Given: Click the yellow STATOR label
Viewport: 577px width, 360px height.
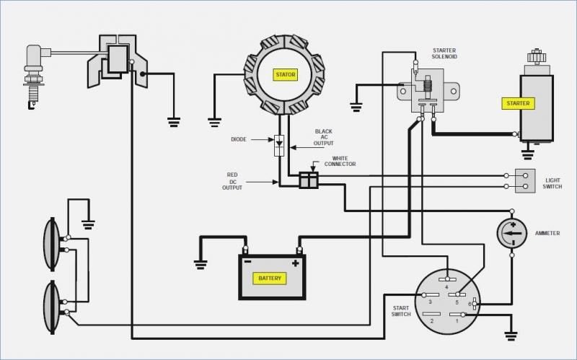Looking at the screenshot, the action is (x=286, y=75).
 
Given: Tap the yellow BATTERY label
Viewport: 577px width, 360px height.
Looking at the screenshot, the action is (x=270, y=278).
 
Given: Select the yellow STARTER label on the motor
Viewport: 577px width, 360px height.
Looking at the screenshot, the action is (x=518, y=103).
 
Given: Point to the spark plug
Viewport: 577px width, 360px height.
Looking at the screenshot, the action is (x=35, y=76).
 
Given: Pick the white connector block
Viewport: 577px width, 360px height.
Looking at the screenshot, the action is (x=309, y=180).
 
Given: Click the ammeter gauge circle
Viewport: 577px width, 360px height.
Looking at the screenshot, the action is (x=512, y=233).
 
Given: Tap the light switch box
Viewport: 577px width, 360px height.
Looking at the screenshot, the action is (x=525, y=181).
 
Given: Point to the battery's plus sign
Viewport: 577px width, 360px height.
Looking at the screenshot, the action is (x=295, y=263).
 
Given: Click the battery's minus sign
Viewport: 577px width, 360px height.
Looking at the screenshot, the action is (x=247, y=262).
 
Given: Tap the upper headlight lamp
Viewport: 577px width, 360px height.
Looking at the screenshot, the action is (x=52, y=244).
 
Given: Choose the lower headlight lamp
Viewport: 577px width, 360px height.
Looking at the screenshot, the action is (x=52, y=307).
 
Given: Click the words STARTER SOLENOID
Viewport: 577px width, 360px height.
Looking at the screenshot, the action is (x=444, y=53).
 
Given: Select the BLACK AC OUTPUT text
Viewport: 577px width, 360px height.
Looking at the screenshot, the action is (x=323, y=137).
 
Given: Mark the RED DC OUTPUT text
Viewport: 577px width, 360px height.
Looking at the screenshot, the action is (x=232, y=181).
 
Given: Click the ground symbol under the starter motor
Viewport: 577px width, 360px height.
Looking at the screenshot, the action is (x=528, y=154).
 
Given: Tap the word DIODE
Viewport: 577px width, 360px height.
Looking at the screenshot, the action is (x=239, y=139).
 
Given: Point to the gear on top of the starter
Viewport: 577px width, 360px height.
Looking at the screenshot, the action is (x=537, y=56).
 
